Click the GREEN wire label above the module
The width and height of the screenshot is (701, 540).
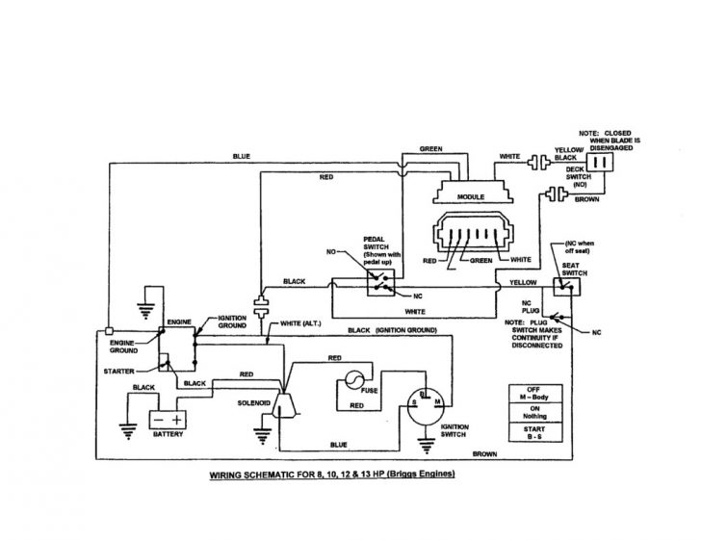(x=430, y=149)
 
